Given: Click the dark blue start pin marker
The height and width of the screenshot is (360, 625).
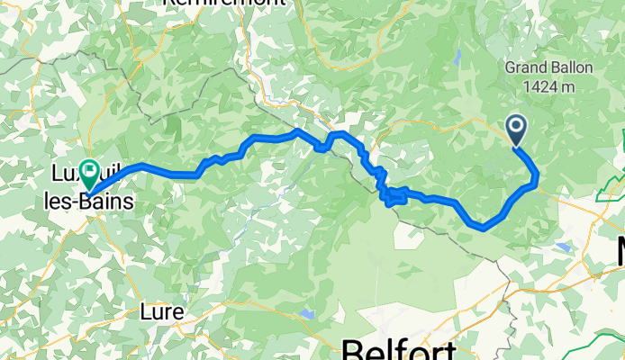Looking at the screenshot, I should pos(517,129).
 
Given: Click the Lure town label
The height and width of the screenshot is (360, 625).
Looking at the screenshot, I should pos(163,312).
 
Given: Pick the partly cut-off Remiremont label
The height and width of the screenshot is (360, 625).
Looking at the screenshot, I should pos(223,4).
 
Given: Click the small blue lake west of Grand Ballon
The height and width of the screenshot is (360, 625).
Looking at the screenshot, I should pos(458,58).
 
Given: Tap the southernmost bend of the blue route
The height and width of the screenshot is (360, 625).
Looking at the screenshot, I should pos(485,228).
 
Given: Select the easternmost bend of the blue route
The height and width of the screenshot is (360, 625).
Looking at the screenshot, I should pos(537,177).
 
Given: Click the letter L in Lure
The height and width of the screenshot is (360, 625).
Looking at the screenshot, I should pos(148,312).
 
